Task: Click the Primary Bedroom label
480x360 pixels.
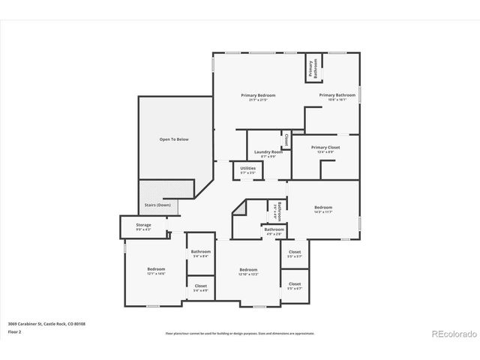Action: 257,95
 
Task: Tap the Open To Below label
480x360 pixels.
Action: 173,139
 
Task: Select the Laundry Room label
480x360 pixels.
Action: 268,152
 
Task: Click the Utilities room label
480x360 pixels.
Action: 247,168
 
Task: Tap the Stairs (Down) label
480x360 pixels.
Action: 157,205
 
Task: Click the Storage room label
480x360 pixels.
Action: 143,225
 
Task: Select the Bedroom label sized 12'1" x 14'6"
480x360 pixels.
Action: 156,269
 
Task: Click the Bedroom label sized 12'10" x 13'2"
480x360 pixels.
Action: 248,270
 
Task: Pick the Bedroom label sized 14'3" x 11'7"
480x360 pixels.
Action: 323,208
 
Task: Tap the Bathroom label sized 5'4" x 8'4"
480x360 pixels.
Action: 201,252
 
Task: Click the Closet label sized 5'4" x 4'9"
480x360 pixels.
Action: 201,286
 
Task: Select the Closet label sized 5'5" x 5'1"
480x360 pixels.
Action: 295,252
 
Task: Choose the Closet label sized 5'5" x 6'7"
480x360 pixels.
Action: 295,284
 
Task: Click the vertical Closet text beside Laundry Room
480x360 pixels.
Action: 286,139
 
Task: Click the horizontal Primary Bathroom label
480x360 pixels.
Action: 337,95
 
